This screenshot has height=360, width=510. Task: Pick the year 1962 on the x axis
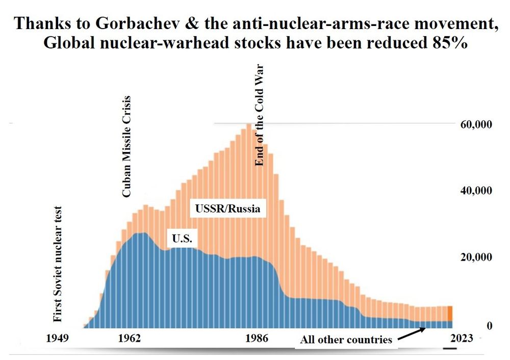coord(130,338)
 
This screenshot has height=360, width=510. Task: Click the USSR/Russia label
coord(228,209)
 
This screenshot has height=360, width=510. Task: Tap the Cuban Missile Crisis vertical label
coord(126,147)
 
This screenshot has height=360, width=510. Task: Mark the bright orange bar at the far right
coord(450,313)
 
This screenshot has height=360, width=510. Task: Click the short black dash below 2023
coord(449,349)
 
